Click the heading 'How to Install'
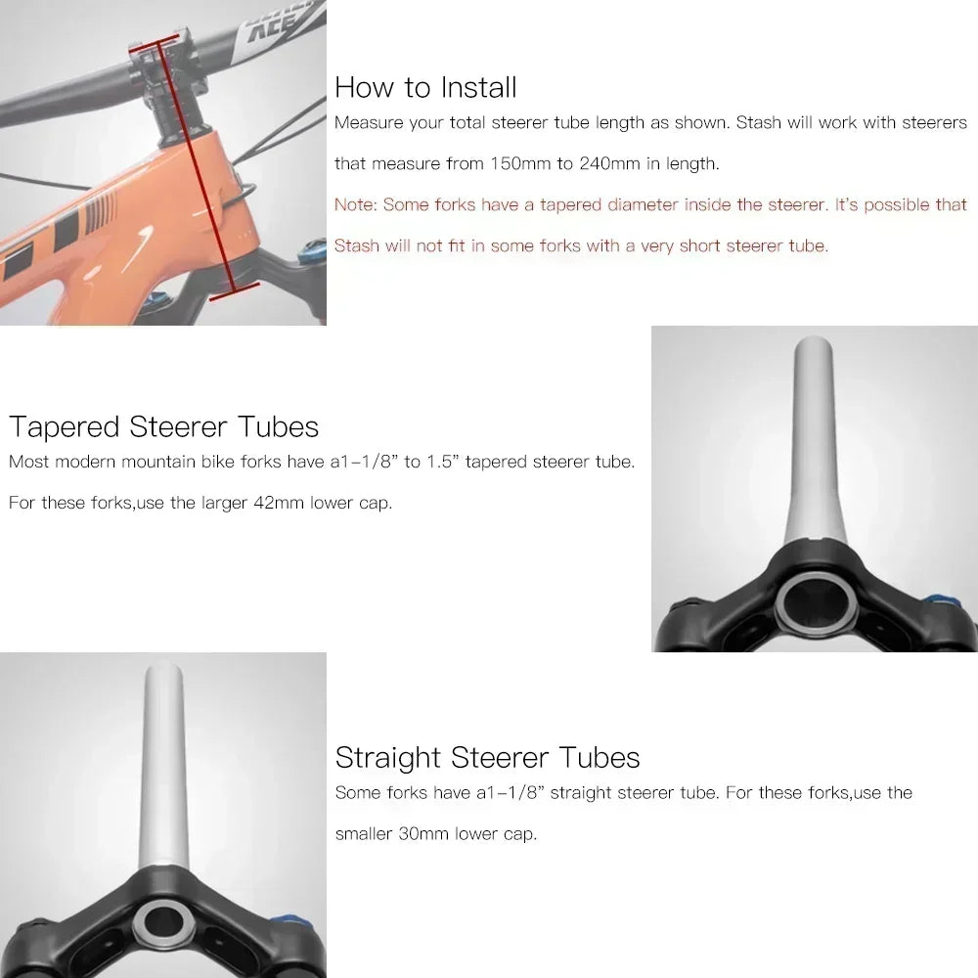click(425, 87)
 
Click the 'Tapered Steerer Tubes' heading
click(163, 426)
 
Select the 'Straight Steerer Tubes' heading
click(487, 757)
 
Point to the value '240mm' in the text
click(609, 163)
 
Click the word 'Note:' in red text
click(355, 204)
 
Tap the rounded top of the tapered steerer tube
click(814, 344)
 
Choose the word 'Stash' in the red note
click(357, 245)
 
